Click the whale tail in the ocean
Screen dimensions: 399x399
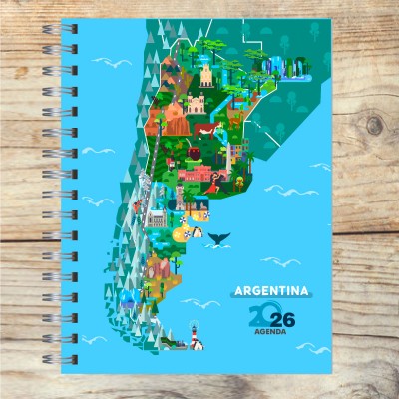coord(216,237)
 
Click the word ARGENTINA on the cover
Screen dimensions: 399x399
coord(269,293)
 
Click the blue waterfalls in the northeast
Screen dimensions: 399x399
coord(275,66)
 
